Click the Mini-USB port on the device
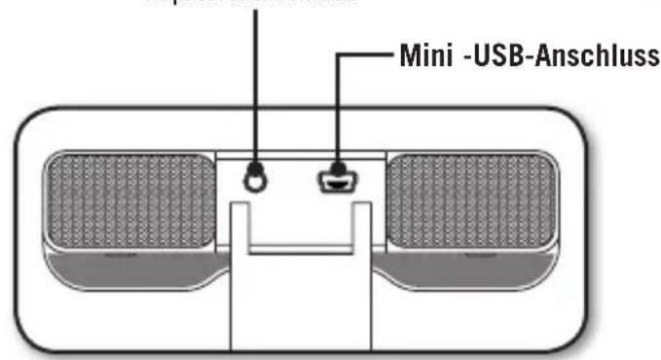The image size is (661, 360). tap(337, 180)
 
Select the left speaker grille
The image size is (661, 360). tap(130, 199)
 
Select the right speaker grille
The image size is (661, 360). tap(471, 199)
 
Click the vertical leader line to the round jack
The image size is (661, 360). tap(256, 88)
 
